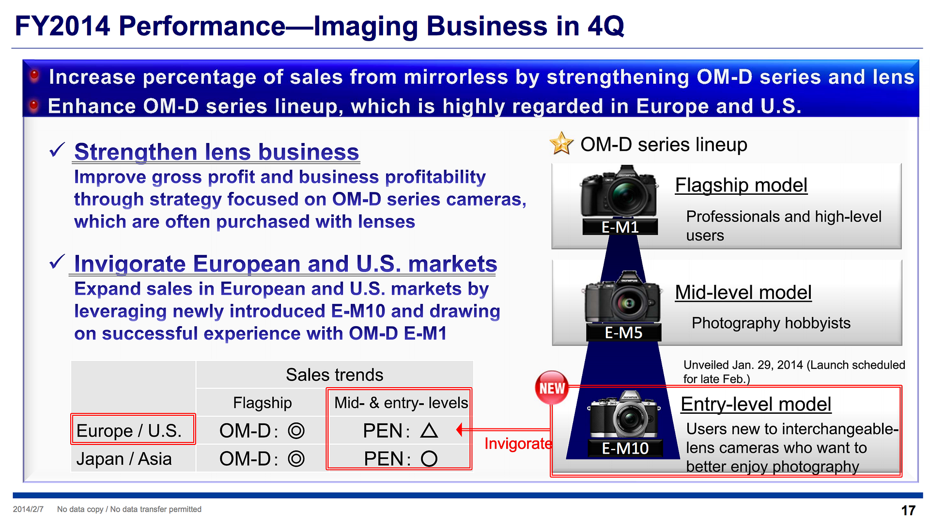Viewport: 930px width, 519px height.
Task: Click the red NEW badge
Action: (x=552, y=388)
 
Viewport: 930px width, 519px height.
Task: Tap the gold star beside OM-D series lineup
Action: (x=561, y=143)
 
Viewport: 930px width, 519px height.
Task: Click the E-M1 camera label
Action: (x=620, y=227)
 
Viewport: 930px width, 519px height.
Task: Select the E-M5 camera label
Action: (x=623, y=332)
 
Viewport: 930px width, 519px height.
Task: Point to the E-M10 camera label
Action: (x=625, y=448)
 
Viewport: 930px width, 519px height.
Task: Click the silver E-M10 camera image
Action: (x=625, y=414)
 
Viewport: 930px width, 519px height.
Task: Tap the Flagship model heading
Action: (x=741, y=185)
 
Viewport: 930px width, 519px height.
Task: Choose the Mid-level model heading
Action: (x=743, y=293)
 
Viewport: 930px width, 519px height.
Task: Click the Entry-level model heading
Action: (x=756, y=404)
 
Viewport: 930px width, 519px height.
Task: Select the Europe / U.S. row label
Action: (x=129, y=430)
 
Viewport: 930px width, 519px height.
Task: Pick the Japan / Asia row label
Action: (x=124, y=458)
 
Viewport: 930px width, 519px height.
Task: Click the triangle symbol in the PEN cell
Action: (x=429, y=430)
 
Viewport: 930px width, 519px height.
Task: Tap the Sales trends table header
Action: (x=334, y=375)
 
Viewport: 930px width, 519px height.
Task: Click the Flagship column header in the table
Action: (x=262, y=403)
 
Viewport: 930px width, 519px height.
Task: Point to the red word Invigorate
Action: (x=518, y=443)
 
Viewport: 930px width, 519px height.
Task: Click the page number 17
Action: (x=908, y=510)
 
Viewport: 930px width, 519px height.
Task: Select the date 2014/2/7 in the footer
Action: (x=28, y=509)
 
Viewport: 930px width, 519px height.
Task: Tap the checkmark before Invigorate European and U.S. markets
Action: (x=57, y=262)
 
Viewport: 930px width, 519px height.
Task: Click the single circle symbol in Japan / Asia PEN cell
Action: (x=429, y=458)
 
